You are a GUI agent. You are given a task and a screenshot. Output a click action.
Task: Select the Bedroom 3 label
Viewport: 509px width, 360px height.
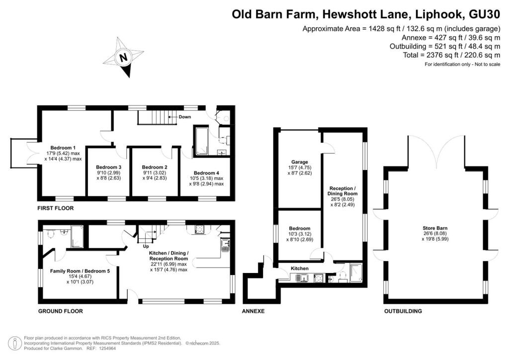108,167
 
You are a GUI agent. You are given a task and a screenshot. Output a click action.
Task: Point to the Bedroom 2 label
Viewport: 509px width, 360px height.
155,167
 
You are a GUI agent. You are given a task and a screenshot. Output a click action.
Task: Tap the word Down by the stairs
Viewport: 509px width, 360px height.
185,117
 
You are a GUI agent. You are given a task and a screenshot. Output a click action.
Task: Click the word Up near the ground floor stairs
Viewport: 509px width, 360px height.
146,246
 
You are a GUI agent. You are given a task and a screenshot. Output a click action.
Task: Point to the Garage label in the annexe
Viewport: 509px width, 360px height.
300,162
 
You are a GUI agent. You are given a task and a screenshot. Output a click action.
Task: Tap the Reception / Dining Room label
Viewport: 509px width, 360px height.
343,191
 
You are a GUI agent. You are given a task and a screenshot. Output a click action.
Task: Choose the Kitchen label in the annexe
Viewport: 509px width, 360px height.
300,269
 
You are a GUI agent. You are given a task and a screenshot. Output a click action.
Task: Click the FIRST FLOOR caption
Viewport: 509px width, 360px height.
56,208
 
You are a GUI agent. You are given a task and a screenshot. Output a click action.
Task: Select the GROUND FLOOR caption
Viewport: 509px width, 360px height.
61,311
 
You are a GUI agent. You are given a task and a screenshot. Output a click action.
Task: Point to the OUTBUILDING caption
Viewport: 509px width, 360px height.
403,311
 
